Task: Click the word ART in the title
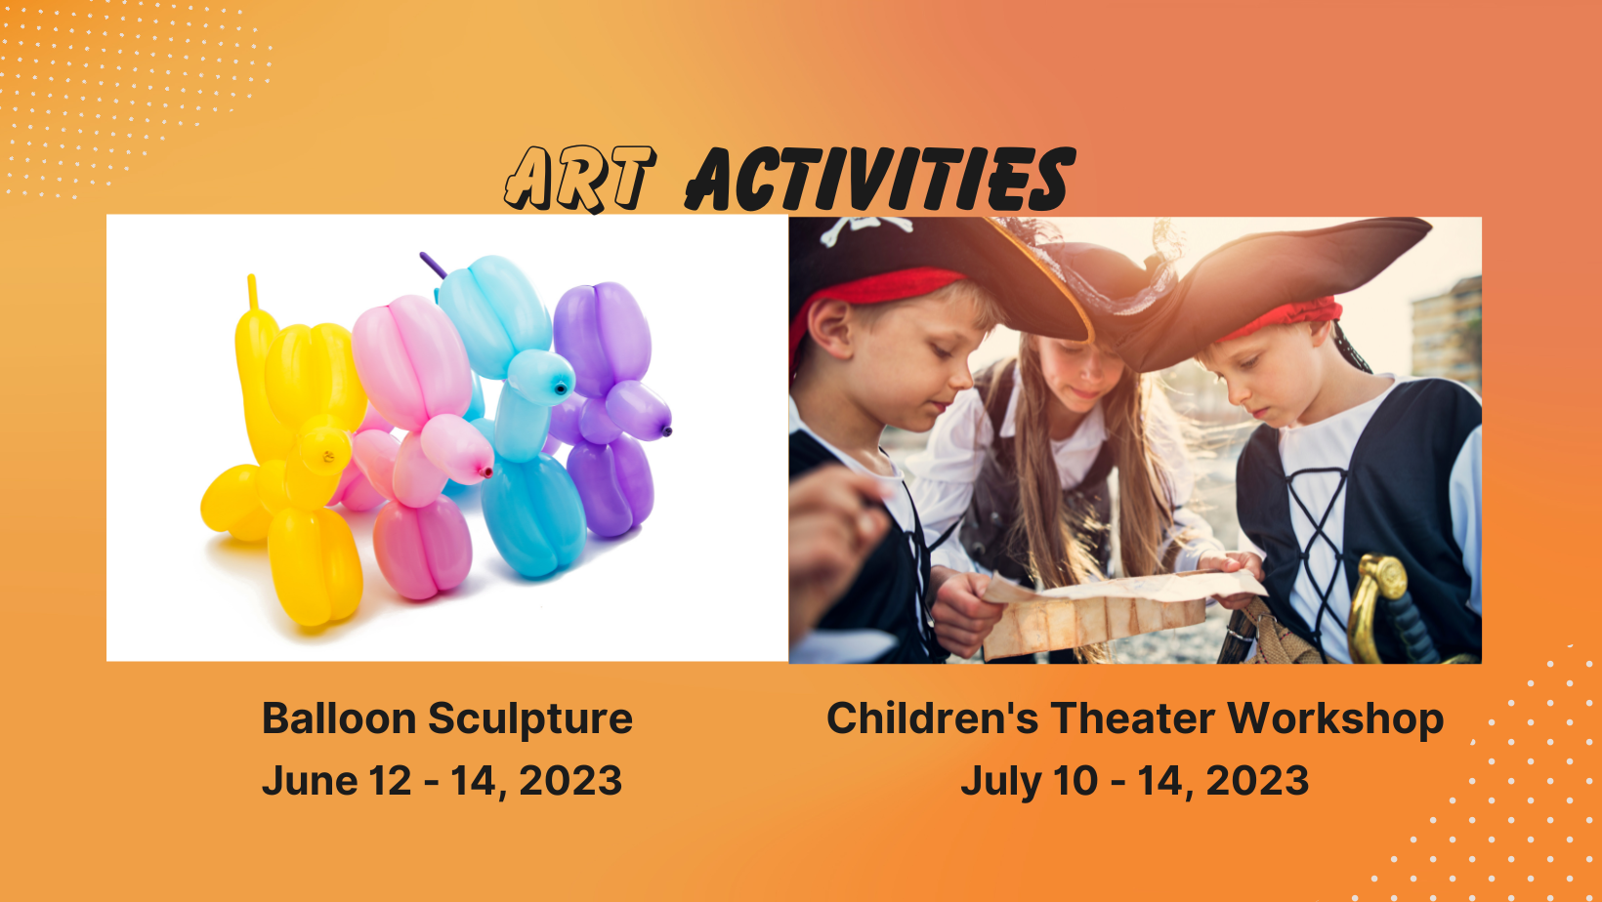click(580, 179)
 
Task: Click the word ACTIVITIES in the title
click(880, 179)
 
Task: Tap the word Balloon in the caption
click(339, 717)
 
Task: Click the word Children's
click(933, 717)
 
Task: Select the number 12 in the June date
click(391, 780)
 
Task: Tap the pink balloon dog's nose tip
click(487, 472)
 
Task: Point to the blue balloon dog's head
click(541, 377)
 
